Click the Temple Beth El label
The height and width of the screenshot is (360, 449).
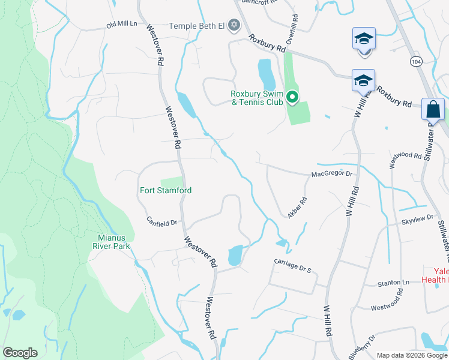point(197,26)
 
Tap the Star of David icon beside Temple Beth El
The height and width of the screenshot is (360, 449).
point(234,26)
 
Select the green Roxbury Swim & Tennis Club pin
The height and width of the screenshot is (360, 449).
point(292,97)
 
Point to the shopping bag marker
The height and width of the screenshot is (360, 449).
point(433,109)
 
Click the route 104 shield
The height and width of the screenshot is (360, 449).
point(415,61)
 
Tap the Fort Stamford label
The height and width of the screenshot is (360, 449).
point(165,190)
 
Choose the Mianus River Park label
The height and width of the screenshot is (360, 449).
point(111,241)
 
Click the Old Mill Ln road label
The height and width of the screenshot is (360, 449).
point(122,25)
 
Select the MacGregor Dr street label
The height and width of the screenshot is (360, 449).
point(331,175)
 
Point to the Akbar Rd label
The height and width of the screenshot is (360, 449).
point(298,208)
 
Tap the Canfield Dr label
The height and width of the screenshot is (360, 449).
point(161,222)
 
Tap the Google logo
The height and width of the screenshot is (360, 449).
point(20,353)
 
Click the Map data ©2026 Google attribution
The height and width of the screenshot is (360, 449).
point(412,355)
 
